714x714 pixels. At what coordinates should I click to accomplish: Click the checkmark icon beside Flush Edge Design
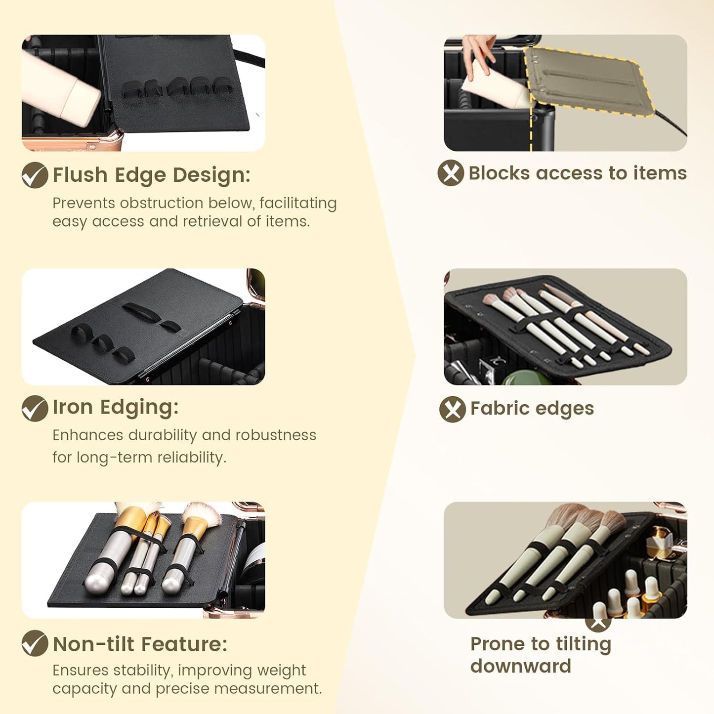[x=35, y=175]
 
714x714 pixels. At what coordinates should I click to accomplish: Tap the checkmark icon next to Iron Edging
[x=35, y=408]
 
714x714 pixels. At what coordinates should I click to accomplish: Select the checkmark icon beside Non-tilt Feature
[x=35, y=643]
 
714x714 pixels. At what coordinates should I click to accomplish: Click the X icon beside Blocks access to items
[x=451, y=172]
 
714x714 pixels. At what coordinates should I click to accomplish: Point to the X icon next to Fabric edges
[x=453, y=409]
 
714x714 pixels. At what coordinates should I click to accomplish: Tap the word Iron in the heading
[x=73, y=407]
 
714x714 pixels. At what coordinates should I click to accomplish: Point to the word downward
[x=521, y=666]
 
